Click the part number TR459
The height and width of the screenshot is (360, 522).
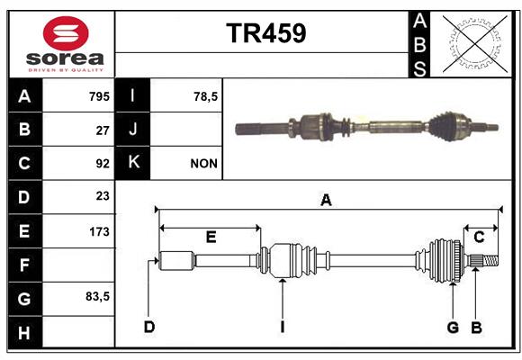(266, 33)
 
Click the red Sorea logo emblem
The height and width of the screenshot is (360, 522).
(66, 33)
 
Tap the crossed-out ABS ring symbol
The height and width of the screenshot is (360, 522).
(475, 44)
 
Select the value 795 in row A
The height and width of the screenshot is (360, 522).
(99, 96)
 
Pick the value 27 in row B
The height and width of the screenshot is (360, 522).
(103, 130)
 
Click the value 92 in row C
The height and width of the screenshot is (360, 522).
(103, 164)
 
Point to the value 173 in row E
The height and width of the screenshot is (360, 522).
(99, 231)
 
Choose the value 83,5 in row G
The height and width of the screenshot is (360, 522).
(97, 296)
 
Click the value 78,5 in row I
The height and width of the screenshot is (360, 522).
(205, 96)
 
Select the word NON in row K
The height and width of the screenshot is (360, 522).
(203, 164)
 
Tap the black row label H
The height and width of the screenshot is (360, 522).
(25, 332)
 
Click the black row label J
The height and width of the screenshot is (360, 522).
(132, 129)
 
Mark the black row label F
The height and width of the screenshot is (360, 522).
(25, 265)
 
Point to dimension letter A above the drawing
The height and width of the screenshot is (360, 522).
(326, 200)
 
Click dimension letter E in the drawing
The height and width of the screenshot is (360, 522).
(211, 237)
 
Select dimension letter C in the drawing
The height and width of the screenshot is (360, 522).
(479, 238)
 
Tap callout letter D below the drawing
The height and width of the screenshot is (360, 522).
(149, 327)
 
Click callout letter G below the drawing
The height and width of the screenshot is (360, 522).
(453, 328)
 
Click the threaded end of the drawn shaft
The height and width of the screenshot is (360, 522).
(490, 260)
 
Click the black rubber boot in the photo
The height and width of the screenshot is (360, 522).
(440, 127)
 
